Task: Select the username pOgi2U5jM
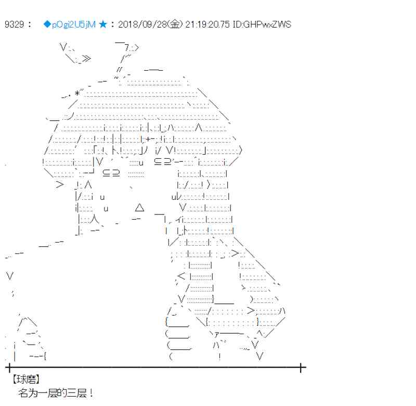pyautogui.click(x=73, y=24)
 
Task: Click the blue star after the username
pyautogui.click(x=103, y=24)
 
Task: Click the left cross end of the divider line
pyautogui.click(x=8, y=368)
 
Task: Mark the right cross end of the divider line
pyautogui.click(x=301, y=368)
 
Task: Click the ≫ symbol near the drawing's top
pyautogui.click(x=86, y=59)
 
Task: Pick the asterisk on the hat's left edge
pyautogui.click(x=77, y=93)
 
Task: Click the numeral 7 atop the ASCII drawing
pyautogui.click(x=126, y=47)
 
